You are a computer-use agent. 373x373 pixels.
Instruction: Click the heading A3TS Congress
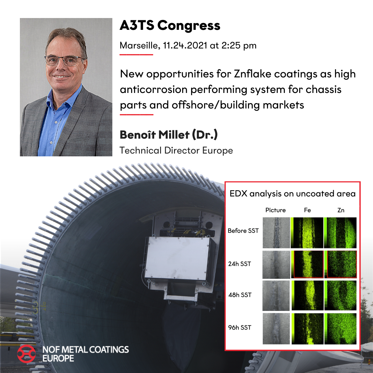pyautogui.click(x=170, y=26)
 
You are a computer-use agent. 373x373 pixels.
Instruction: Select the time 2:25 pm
pyautogui.click(x=239, y=45)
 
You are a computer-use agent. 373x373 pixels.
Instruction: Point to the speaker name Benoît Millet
pyautogui.click(x=154, y=135)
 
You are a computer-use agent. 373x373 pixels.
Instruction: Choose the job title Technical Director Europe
pyautogui.click(x=176, y=150)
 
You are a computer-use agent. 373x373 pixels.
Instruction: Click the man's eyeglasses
pyautogui.click(x=63, y=60)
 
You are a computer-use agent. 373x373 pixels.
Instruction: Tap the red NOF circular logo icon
pyautogui.click(x=26, y=353)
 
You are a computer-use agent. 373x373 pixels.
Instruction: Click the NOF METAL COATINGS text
pyautogui.click(x=85, y=349)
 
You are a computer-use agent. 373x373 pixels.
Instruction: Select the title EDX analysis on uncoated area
pyautogui.click(x=292, y=194)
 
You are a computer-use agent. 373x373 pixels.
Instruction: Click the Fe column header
pyautogui.click(x=307, y=210)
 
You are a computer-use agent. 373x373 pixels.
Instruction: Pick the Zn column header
pyautogui.click(x=341, y=210)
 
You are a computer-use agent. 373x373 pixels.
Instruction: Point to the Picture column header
pyautogui.click(x=275, y=210)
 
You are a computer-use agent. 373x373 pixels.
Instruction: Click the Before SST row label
pyautogui.click(x=243, y=231)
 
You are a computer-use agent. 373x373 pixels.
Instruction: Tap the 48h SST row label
pyautogui.click(x=240, y=295)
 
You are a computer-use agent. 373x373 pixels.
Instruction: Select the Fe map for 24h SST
pyautogui.click(x=307, y=265)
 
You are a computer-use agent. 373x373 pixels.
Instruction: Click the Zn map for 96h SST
pyautogui.click(x=340, y=329)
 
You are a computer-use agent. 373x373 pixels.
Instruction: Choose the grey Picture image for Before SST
pyautogui.click(x=276, y=233)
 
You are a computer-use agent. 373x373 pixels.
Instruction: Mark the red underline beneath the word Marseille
pyautogui.click(x=136, y=55)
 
